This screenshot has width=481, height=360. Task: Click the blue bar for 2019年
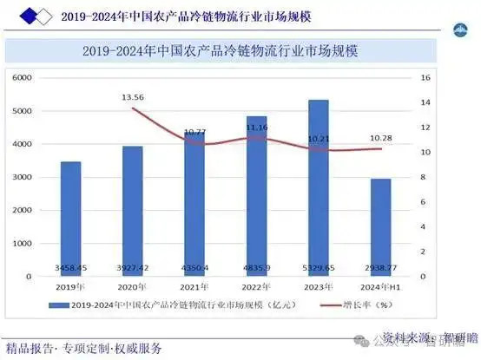[x=70, y=217]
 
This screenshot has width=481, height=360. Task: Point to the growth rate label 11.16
[x=257, y=128]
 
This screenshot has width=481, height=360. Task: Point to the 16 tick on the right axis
[x=425, y=78]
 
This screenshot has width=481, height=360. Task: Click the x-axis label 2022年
[x=257, y=286]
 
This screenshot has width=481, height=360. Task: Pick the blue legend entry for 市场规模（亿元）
[x=165, y=305]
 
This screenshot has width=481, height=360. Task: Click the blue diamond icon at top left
[x=29, y=15]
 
